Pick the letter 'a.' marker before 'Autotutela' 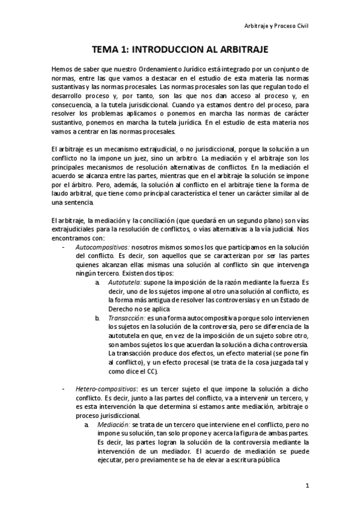click(x=98, y=281)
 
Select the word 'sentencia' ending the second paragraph click(x=79, y=203)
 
